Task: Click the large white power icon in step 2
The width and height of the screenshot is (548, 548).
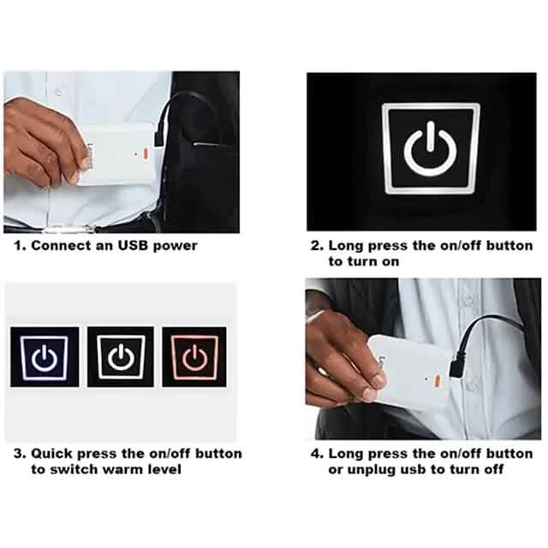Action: pyautogui.click(x=431, y=152)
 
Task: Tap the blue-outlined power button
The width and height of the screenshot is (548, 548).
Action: pyautogui.click(x=44, y=356)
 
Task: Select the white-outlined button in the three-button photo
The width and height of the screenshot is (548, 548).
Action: pyautogui.click(x=120, y=356)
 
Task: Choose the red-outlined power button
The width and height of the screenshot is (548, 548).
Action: pyautogui.click(x=195, y=356)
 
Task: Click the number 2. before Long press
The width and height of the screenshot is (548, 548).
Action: pyautogui.click(x=316, y=246)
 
